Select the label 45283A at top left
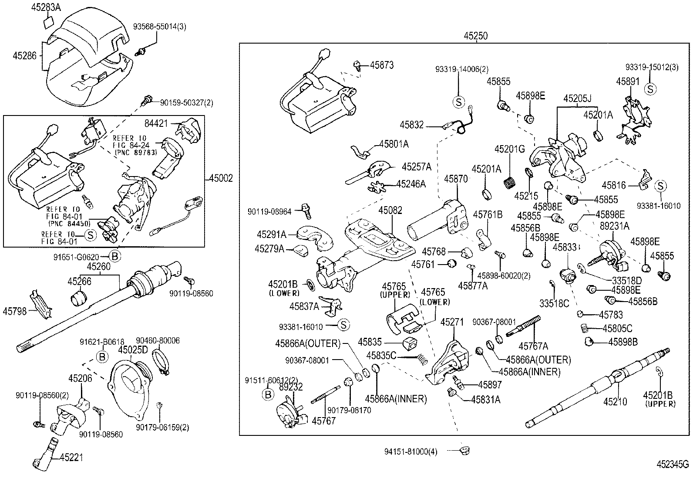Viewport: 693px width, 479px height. pyautogui.click(x=47, y=7)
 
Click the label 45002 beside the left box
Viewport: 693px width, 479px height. pyautogui.click(x=221, y=178)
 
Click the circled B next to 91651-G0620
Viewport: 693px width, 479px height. pyautogui.click(x=114, y=257)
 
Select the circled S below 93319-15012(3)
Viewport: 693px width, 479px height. pyautogui.click(x=650, y=89)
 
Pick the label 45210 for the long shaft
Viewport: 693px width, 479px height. pyautogui.click(x=615, y=401)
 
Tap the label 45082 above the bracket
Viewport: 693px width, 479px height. pyautogui.click(x=390, y=210)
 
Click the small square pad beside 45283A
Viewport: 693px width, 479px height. pyautogui.click(x=49, y=21)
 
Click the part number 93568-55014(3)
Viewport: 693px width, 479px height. pyautogui.click(x=160, y=27)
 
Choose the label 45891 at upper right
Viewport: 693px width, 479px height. pyautogui.click(x=627, y=81)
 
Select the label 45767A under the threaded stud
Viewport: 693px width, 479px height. pyautogui.click(x=533, y=346)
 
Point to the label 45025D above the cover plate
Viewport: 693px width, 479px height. pyautogui.click(x=133, y=350)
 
